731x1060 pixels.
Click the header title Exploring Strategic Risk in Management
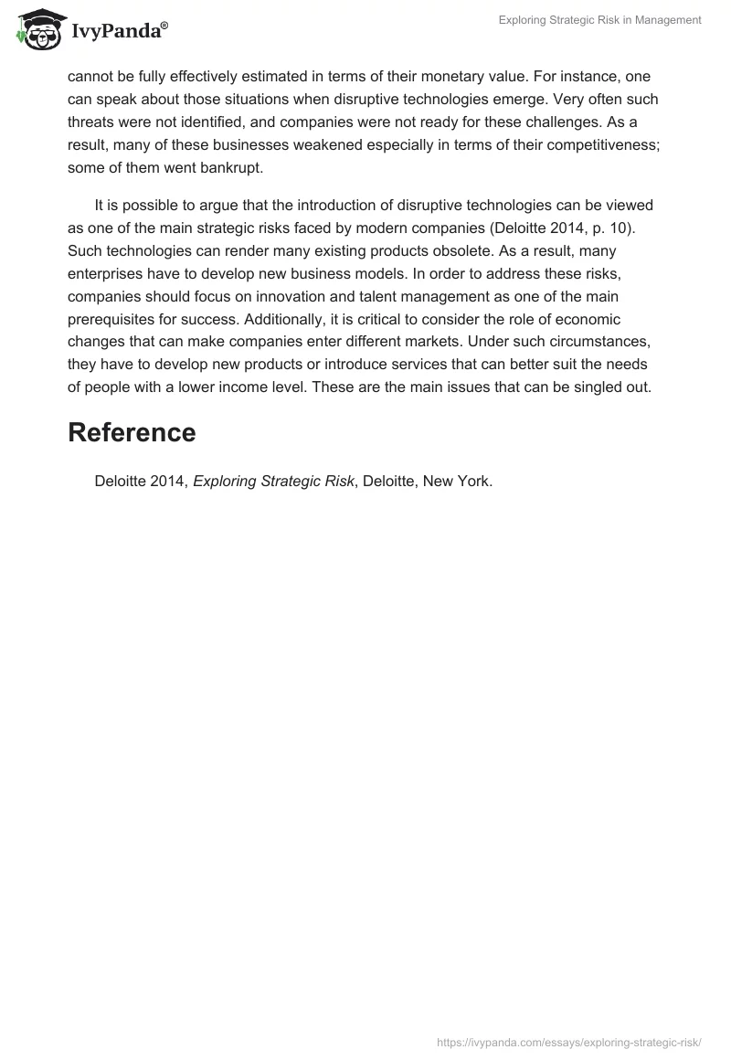599,20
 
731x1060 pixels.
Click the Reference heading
132,433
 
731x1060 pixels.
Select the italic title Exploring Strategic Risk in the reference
273,482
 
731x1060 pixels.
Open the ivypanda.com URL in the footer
568,1041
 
